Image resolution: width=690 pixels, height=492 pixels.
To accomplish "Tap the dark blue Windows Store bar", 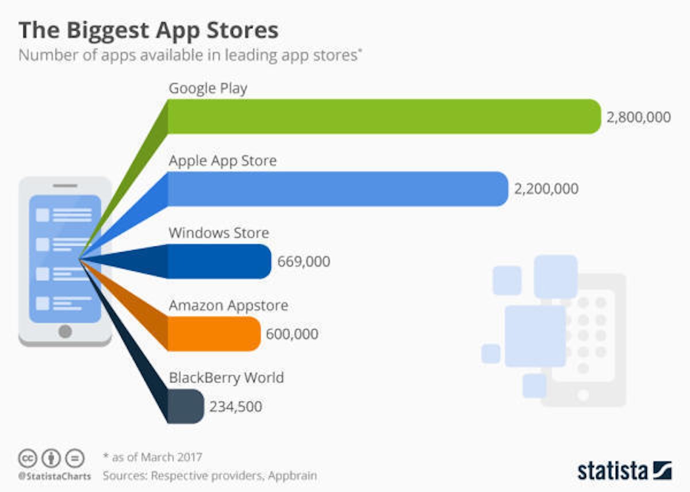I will tap(218, 262).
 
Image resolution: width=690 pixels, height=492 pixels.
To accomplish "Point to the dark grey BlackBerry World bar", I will tap(185, 406).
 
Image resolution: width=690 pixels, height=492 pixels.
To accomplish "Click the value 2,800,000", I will tap(638, 117).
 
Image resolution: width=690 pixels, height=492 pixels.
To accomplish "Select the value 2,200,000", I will tap(546, 189).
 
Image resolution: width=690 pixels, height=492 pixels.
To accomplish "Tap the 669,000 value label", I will tap(304, 262).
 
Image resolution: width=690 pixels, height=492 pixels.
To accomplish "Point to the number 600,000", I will tap(292, 334).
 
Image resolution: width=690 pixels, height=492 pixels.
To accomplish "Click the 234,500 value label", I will tap(236, 407).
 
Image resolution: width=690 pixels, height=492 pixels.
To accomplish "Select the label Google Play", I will tap(208, 89).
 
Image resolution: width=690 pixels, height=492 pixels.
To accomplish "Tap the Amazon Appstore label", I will tap(228, 306).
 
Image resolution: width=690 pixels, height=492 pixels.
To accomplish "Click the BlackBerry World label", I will tap(226, 378).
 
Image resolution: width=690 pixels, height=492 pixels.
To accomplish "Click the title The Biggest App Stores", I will tap(148, 30).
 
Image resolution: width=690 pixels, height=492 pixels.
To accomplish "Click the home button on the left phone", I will tap(65, 331).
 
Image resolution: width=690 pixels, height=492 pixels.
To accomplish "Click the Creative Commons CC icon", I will tap(28, 459).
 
